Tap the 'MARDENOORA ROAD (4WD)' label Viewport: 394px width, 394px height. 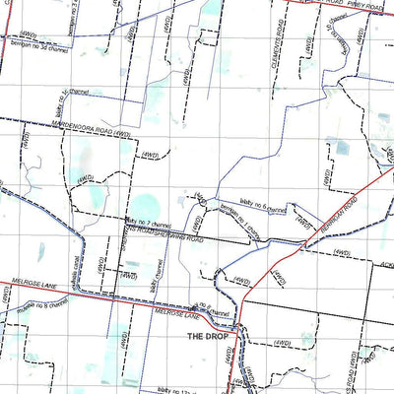[x=90, y=128]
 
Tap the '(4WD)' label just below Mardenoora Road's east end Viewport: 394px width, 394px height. [x=149, y=155]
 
